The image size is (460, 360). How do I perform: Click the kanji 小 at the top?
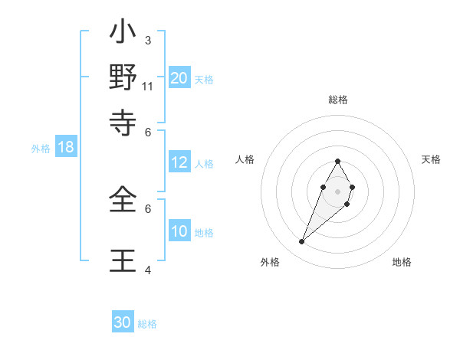pos(123,35)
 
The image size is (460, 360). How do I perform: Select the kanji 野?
pos(123,79)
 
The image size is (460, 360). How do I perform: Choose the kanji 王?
pos(123,260)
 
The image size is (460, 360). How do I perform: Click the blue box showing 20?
pos(179,78)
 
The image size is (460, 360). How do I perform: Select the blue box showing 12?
pos(179,162)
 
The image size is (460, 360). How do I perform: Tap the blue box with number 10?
pos(179,231)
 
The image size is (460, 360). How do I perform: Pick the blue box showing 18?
pos(66,148)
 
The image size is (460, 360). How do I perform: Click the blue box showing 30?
pos(123,322)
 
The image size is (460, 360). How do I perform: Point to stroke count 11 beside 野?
pos(148,87)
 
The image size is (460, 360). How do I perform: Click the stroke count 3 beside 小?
pos(147,40)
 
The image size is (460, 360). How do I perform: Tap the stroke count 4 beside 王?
pos(148,270)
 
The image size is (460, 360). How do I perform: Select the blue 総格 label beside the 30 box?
pos(147,324)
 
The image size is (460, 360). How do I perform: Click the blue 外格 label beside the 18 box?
pos(41,149)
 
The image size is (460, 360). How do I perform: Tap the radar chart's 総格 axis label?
pos(337,100)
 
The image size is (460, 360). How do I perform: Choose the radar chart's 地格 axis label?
pos(402,262)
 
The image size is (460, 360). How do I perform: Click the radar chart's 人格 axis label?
pos(245,159)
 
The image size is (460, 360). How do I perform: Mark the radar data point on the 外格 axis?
pos(301,242)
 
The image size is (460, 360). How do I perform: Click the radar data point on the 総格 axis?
pos(337,161)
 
